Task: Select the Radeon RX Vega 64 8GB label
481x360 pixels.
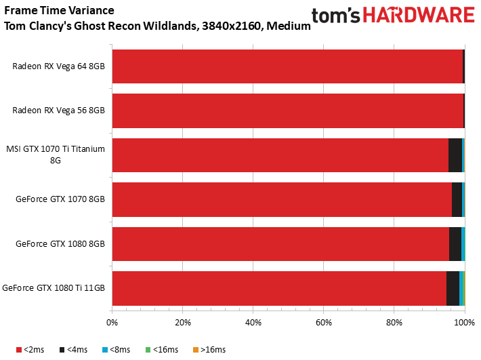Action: coord(59,66)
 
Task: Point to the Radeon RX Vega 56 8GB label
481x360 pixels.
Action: coord(59,111)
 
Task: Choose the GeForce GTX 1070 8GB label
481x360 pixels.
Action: coord(60,199)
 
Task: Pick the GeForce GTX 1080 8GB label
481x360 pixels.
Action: coord(60,243)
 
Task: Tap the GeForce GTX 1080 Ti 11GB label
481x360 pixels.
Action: coord(54,288)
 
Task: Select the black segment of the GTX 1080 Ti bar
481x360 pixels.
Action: coord(453,288)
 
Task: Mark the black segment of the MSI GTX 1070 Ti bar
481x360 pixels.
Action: coord(455,155)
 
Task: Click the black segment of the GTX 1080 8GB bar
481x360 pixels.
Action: coord(455,244)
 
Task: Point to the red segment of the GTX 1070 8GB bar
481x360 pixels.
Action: coord(282,199)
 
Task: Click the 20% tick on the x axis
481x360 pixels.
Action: coord(183,323)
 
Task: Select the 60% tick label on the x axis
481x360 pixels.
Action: coord(323,323)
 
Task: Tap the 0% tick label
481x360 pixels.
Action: coord(112,323)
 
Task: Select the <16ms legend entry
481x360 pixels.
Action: coord(160,350)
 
